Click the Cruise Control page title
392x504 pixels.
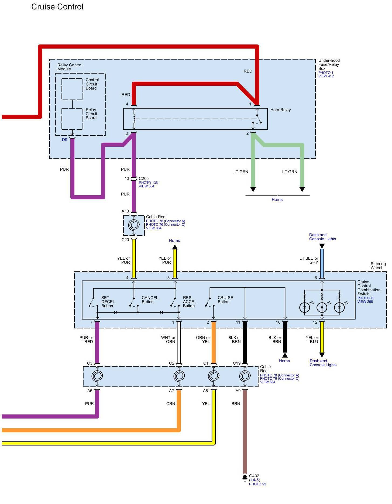pos(57,7)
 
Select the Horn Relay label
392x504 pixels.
pos(280,110)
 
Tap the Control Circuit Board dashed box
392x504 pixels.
pos(72,89)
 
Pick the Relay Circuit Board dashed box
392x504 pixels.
pos(72,119)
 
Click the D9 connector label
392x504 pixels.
pos(64,140)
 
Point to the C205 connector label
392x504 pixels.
pos(144,179)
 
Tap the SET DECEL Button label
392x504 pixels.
pos(108,302)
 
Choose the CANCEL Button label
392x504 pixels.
pos(150,300)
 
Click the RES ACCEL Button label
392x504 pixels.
pos(190,302)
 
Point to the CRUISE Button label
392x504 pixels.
pos(225,300)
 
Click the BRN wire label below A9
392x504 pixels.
pos(236,404)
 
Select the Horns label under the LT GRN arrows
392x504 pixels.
pos(277,200)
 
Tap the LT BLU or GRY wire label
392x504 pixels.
pos(309,260)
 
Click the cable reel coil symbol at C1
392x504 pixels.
pos(214,376)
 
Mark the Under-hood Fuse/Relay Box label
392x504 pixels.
pos(329,64)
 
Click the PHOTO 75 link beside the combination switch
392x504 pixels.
pos(366,298)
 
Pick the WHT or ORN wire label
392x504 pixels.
pos(168,340)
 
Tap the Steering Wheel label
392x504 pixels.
pos(378,266)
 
